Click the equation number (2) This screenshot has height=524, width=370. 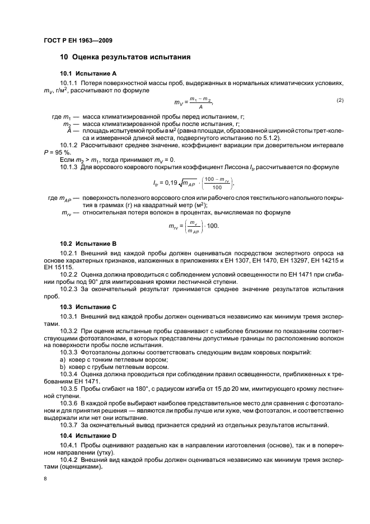pos(339,100)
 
